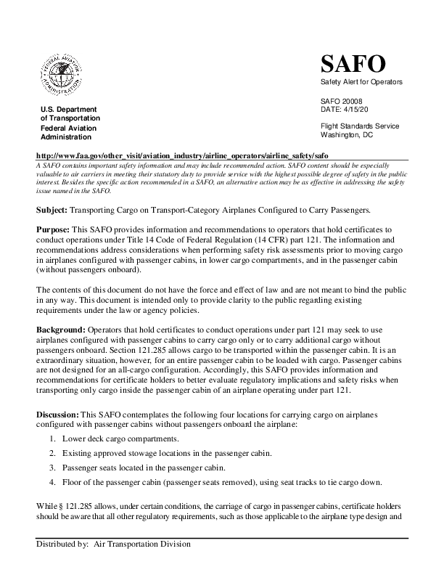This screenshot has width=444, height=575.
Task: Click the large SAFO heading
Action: pyautogui.click(x=353, y=65)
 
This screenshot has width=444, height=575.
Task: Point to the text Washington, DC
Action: pyautogui.click(x=347, y=134)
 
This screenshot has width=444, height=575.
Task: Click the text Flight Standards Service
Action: pyautogui.click(x=360, y=126)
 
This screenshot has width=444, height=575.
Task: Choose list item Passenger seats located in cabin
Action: pyautogui.click(x=145, y=468)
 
